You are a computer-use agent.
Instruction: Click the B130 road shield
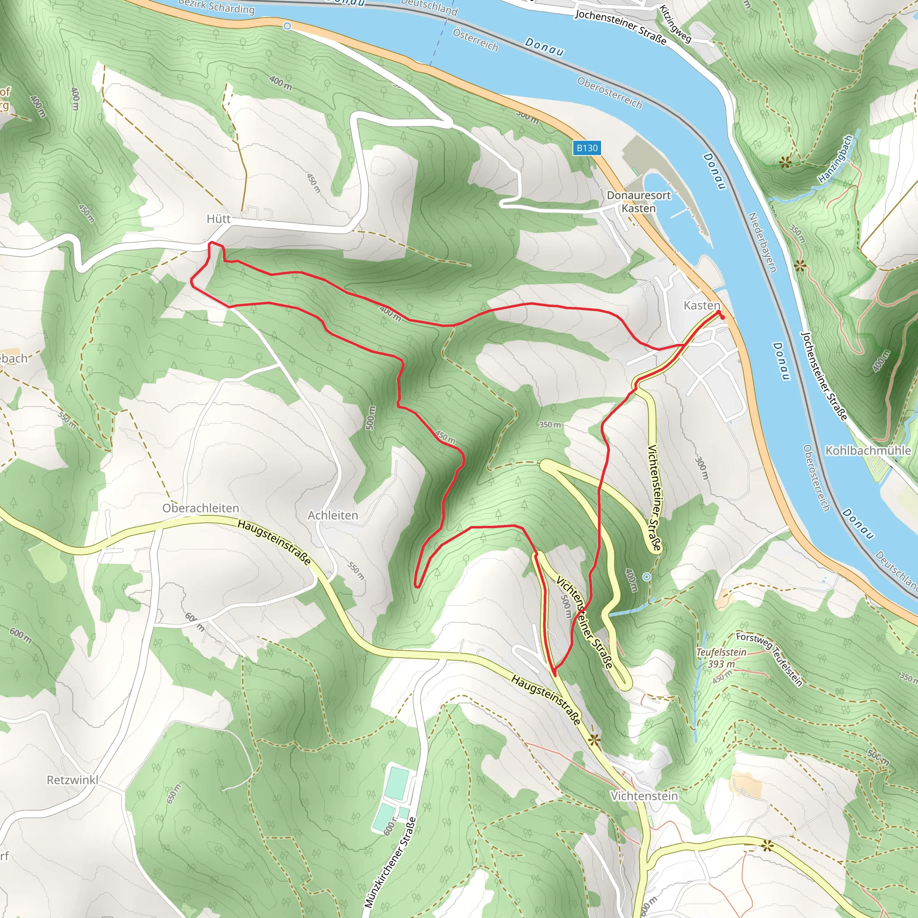coord(587,148)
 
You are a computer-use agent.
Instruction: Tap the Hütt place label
coord(219,219)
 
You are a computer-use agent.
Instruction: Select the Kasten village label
coord(701,305)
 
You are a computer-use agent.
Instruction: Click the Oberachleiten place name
coord(200,508)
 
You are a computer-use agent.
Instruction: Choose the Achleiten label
coord(333,515)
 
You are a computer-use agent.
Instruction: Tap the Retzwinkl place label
coord(72,780)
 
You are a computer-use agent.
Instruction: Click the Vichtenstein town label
coord(644,796)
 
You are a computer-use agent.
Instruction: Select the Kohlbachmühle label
coord(868,450)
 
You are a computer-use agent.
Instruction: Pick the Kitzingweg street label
coord(675,24)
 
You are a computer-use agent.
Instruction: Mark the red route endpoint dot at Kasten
coord(721,315)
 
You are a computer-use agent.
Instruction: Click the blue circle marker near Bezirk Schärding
coord(287,26)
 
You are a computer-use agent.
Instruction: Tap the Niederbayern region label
coord(762,242)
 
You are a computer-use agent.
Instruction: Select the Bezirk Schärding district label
coord(216,7)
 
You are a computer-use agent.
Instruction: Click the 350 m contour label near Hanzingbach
coord(797,233)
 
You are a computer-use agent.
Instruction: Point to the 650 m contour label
coord(173,794)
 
